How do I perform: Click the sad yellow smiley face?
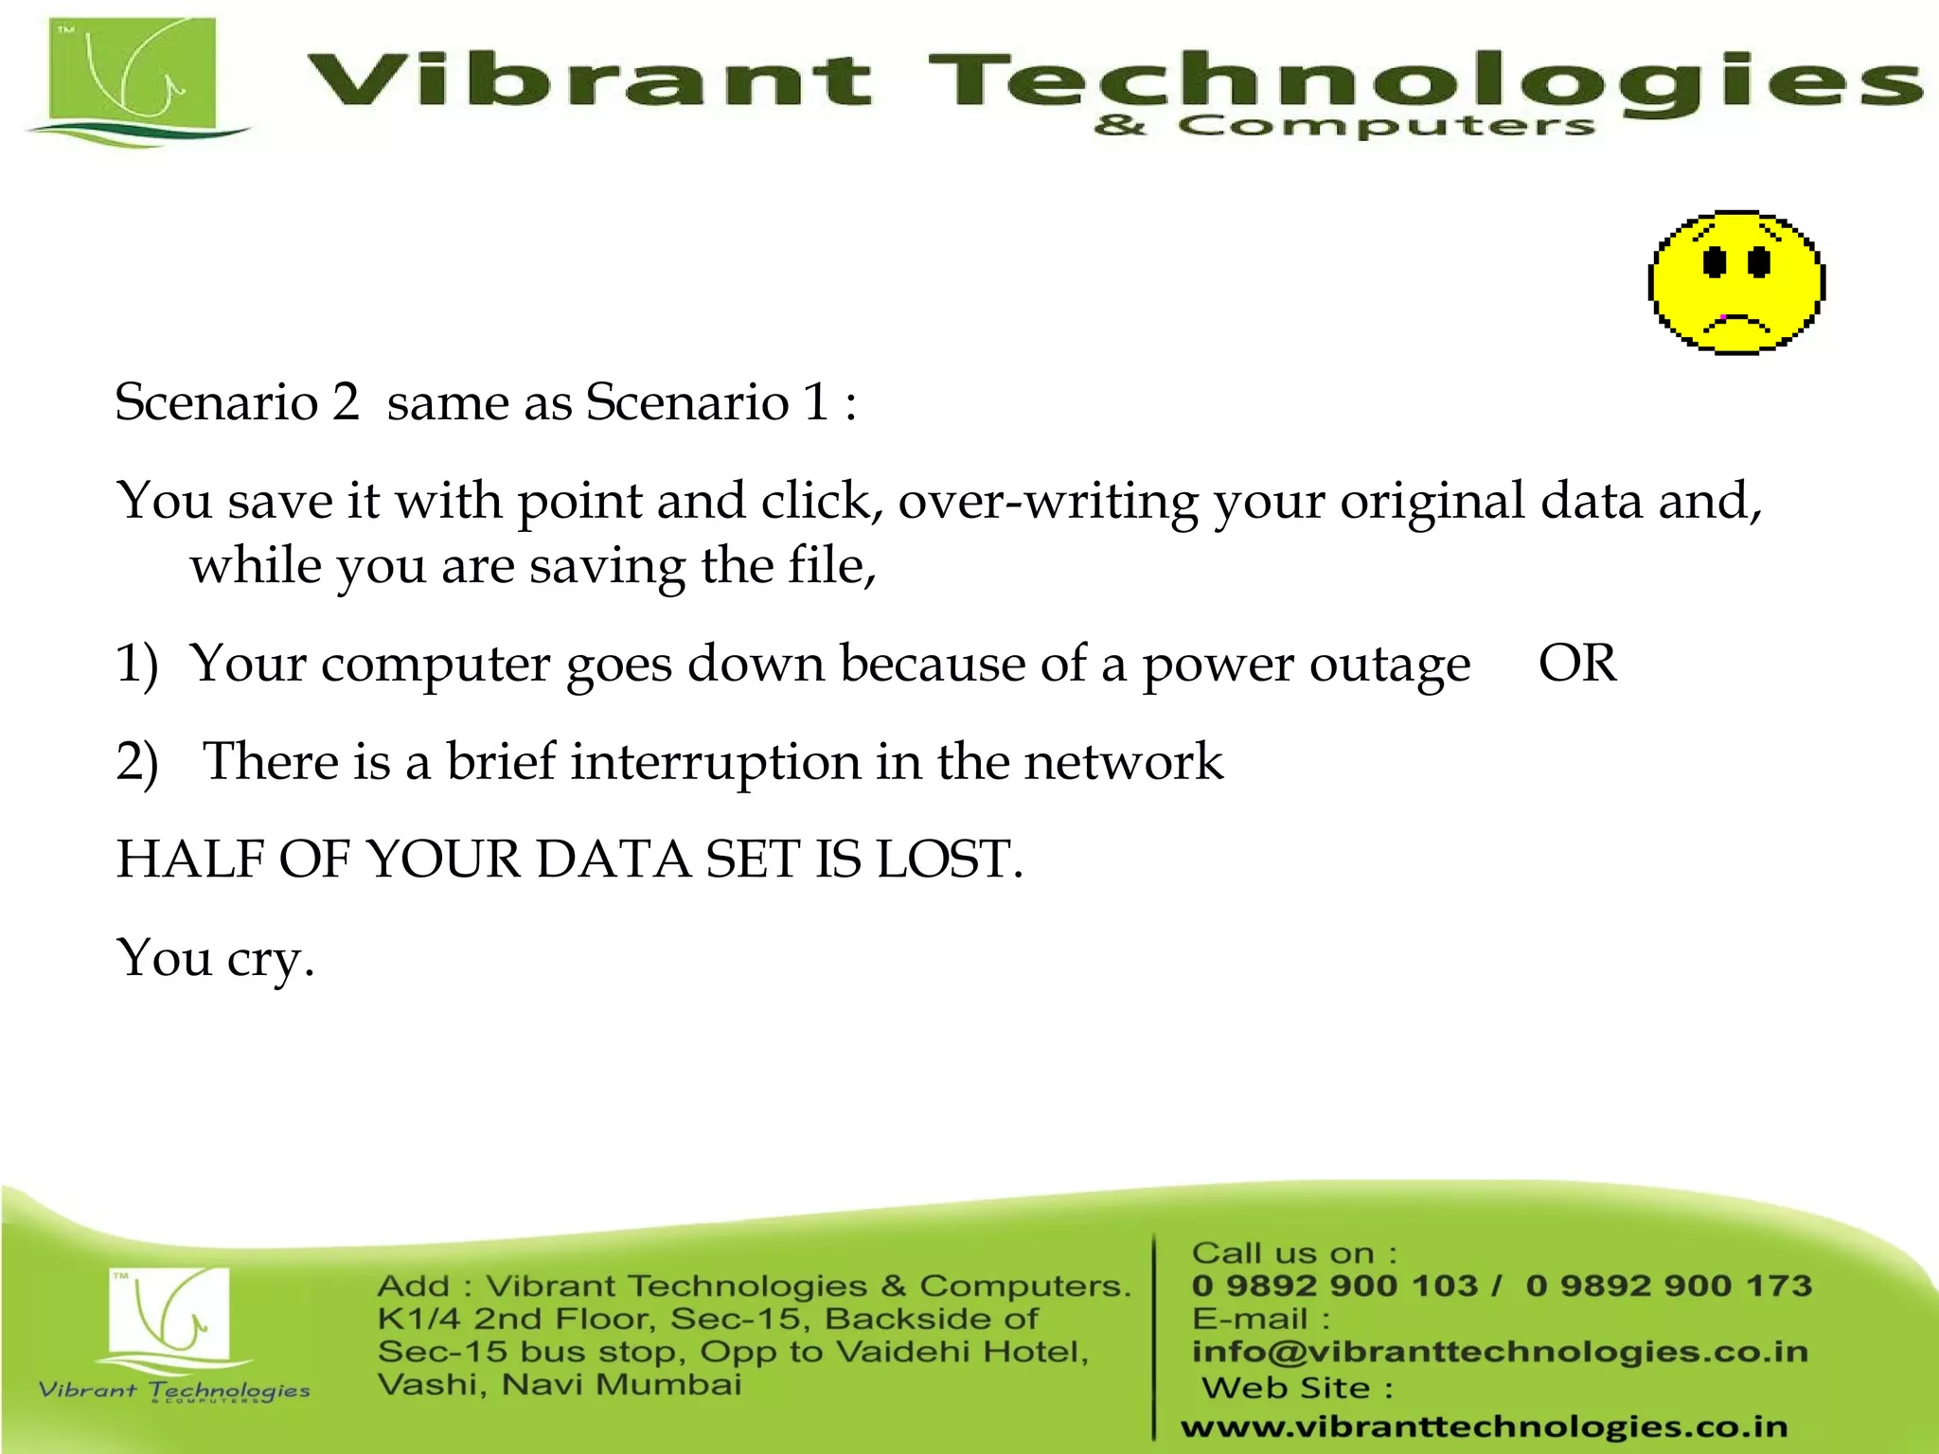click(1736, 283)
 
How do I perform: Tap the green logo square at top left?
click(133, 78)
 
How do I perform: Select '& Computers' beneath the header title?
click(1344, 125)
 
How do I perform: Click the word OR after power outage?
click(1577, 664)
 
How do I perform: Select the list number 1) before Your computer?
click(136, 664)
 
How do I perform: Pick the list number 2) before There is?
click(136, 762)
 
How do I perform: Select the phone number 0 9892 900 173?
click(1668, 1286)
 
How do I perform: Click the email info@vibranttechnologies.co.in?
click(1500, 1352)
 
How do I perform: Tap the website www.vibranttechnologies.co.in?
click(1484, 1427)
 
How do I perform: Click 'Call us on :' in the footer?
click(1293, 1252)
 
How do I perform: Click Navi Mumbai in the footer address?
click(621, 1385)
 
